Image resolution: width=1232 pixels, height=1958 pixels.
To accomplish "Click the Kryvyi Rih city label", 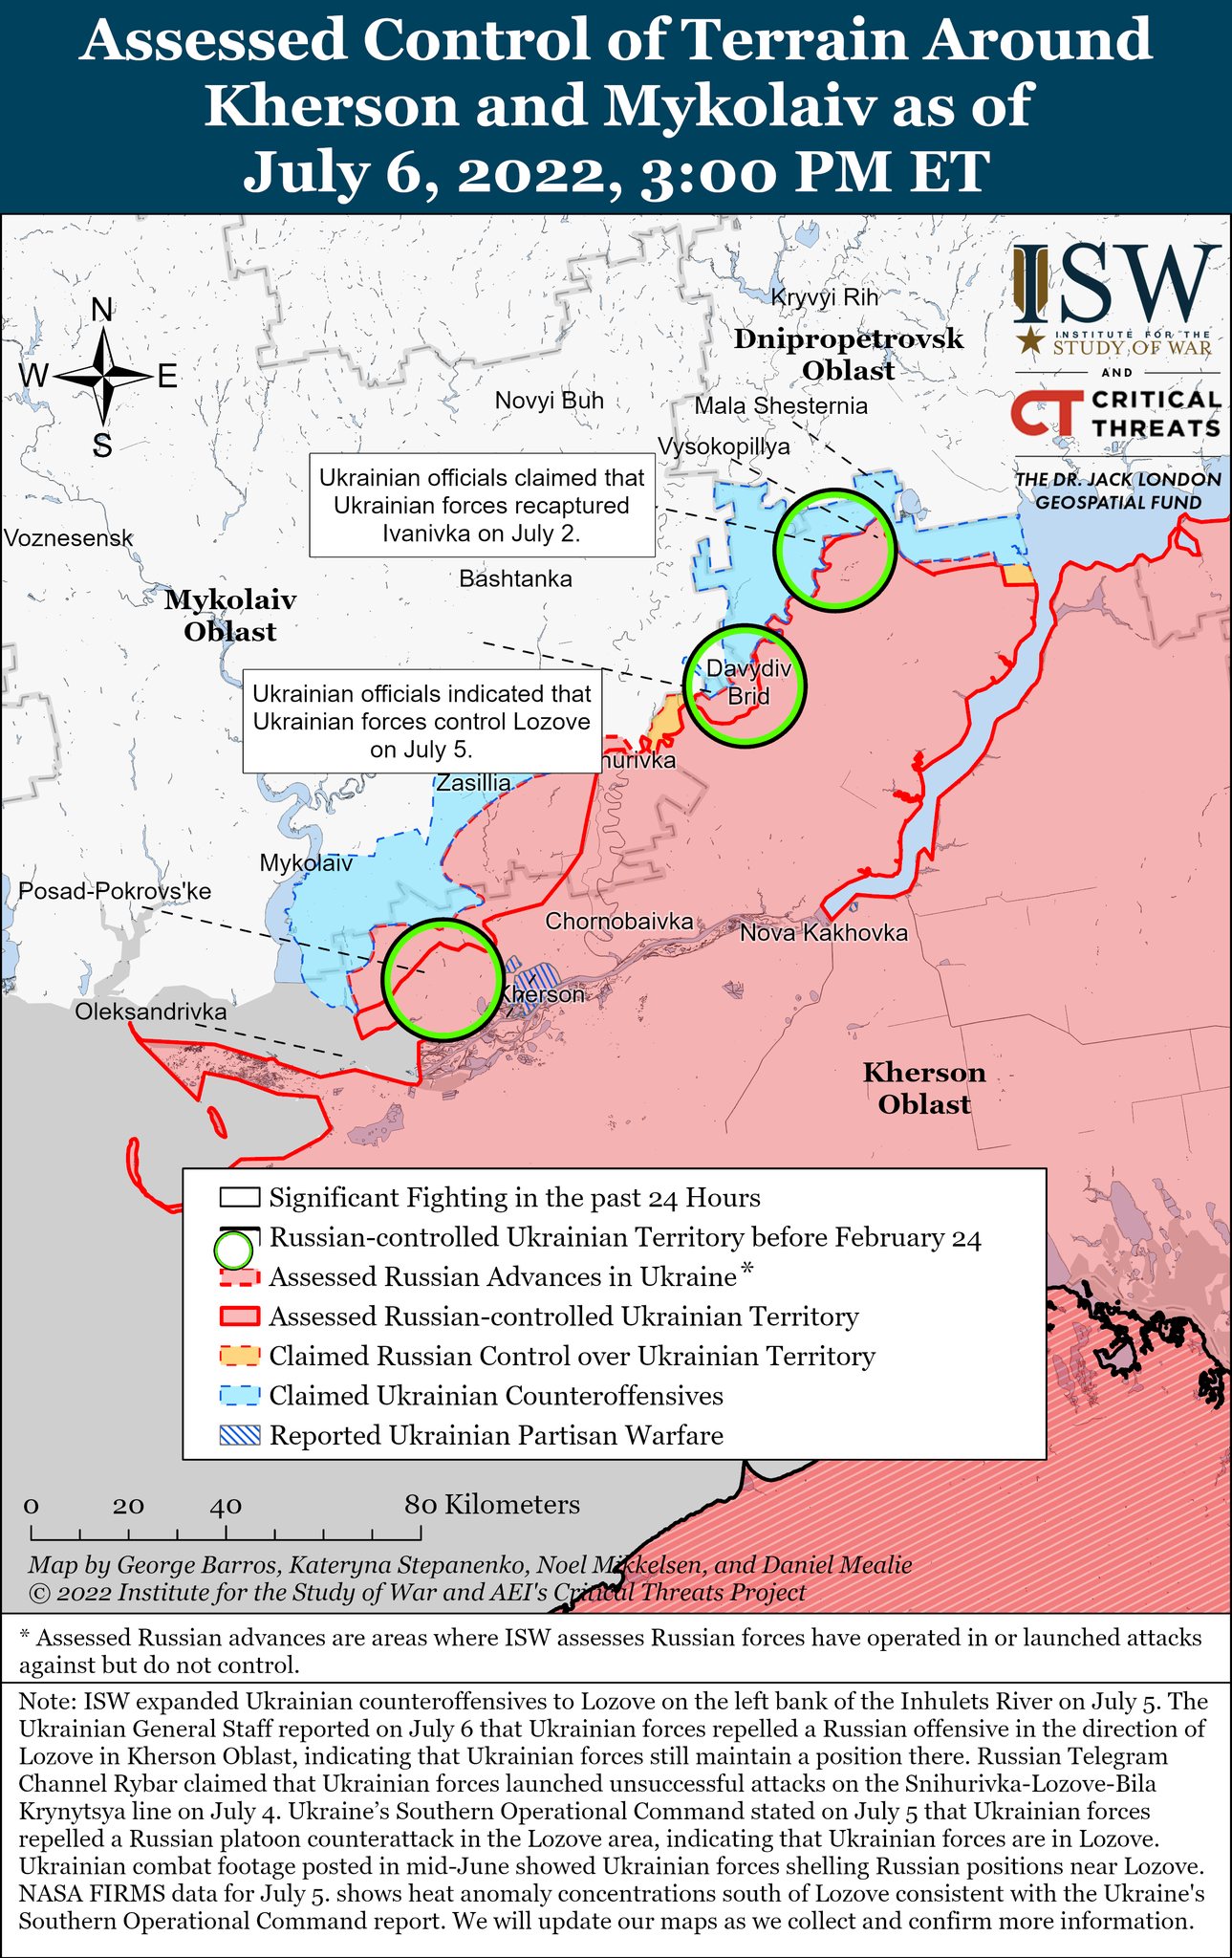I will pyautogui.click(x=824, y=297).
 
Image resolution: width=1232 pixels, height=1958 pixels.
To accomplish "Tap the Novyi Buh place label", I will pyautogui.click(x=549, y=401).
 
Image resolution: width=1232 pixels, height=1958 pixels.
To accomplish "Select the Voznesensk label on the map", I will pyautogui.click(x=68, y=538).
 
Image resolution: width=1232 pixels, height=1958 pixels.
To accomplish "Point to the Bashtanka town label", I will pyautogui.click(x=515, y=578).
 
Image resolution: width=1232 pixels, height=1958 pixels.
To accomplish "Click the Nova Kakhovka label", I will pyautogui.click(x=823, y=932).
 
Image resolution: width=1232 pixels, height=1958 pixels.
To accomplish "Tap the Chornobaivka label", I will pyautogui.click(x=618, y=922).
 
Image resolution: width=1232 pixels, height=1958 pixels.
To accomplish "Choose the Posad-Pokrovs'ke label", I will pyautogui.click(x=115, y=891).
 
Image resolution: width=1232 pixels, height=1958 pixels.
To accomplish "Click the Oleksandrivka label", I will pyautogui.click(x=151, y=1012).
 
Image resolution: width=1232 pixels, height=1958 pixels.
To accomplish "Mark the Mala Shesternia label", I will pyautogui.click(x=781, y=406).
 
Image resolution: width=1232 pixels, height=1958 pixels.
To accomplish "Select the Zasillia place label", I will pyautogui.click(x=473, y=783).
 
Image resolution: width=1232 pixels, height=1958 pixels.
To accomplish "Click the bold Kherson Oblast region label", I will pyautogui.click(x=924, y=1088).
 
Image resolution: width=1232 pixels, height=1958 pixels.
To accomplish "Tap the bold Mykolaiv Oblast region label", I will pyautogui.click(x=230, y=616).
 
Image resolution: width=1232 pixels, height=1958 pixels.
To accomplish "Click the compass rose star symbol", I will pyautogui.click(x=102, y=377).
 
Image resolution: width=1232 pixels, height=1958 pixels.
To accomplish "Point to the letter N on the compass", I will pyautogui.click(x=101, y=310).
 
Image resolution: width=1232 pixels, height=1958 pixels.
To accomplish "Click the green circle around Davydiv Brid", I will pyautogui.click(x=745, y=685).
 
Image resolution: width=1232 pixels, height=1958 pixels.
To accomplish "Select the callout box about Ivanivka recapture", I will pyautogui.click(x=482, y=505).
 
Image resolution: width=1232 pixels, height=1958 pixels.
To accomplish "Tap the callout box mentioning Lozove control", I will pyautogui.click(x=421, y=721).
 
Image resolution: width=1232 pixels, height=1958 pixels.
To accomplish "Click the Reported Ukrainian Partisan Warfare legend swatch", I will pyautogui.click(x=239, y=1436).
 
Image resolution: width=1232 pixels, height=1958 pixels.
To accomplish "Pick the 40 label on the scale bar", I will pyautogui.click(x=226, y=1506).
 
